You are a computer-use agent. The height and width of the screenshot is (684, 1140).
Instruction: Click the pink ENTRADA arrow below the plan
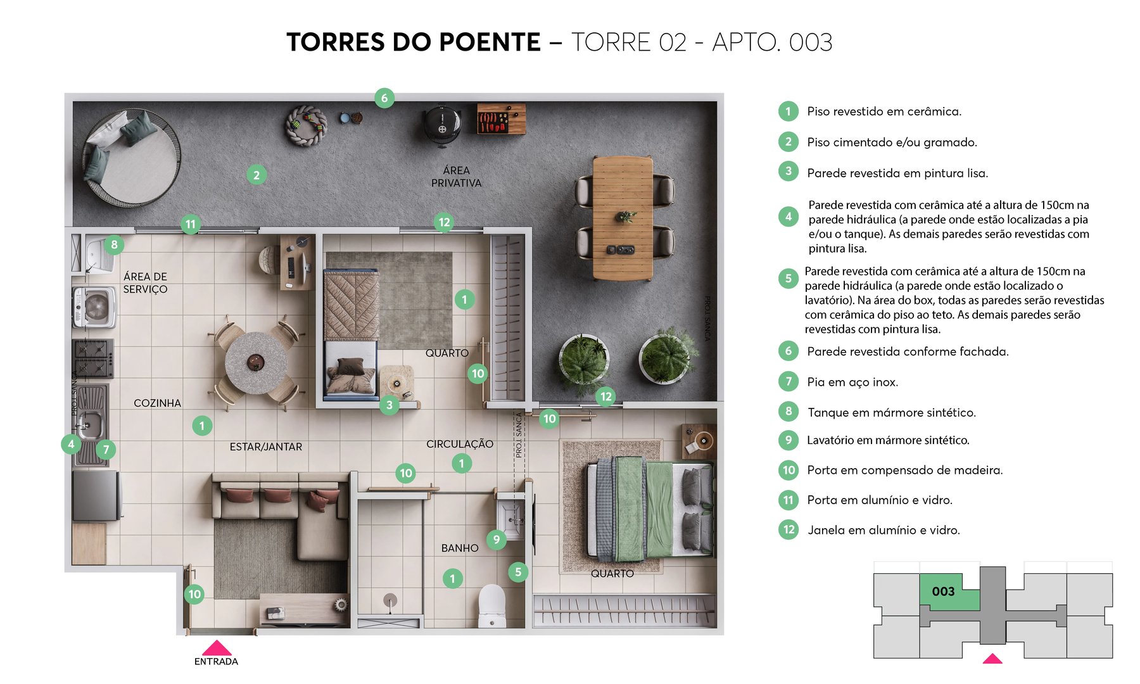(x=217, y=648)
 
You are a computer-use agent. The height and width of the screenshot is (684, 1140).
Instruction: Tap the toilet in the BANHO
(x=492, y=605)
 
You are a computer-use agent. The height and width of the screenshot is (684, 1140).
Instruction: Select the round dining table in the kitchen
(x=256, y=362)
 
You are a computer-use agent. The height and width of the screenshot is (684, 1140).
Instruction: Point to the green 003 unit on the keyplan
(x=944, y=592)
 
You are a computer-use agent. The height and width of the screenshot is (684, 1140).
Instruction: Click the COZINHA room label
(x=157, y=403)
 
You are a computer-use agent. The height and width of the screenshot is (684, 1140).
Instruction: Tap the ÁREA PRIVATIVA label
(x=456, y=177)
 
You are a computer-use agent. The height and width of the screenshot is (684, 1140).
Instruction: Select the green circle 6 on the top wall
(x=384, y=98)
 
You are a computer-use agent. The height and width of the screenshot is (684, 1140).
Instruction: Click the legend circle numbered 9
(x=788, y=440)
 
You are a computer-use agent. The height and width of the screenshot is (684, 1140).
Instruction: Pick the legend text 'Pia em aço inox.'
(x=852, y=382)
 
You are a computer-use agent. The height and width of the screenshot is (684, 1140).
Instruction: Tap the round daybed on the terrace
(x=132, y=157)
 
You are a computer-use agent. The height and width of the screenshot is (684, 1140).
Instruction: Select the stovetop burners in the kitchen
(x=93, y=358)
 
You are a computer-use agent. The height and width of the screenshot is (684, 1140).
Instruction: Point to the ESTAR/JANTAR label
(x=265, y=447)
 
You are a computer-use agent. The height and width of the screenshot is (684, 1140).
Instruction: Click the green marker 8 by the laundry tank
(x=114, y=244)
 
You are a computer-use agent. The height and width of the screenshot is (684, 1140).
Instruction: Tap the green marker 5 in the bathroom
(x=517, y=572)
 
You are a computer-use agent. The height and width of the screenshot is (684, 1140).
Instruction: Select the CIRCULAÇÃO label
(x=459, y=444)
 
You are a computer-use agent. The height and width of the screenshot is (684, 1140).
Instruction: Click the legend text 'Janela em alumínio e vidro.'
(x=883, y=530)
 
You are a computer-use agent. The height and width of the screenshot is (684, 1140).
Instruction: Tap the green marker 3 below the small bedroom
(x=389, y=405)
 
